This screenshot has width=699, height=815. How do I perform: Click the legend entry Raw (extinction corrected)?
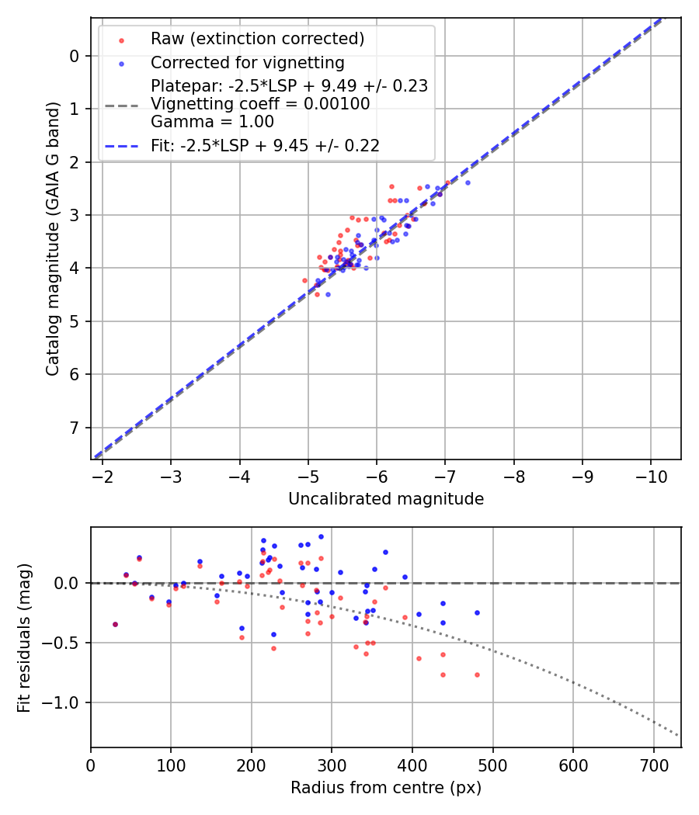pos(257,39)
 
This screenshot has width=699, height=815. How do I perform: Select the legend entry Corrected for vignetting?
pos(247,62)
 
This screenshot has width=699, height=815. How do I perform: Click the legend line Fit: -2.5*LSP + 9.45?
pos(265,145)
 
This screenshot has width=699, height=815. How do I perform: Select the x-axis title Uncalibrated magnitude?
pos(386,499)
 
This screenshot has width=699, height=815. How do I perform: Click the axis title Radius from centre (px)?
pos(386,788)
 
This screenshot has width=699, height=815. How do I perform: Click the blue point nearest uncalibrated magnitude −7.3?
pos(468,182)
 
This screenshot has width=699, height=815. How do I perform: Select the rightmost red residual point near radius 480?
pos(477,675)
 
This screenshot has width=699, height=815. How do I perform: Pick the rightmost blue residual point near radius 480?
pos(477,612)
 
